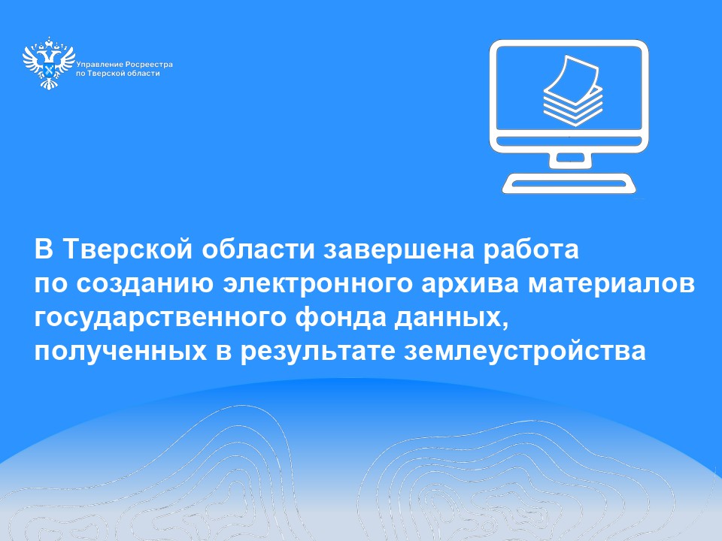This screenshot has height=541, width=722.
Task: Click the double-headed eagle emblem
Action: (x=49, y=63)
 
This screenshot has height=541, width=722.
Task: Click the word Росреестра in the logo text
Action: (x=149, y=65)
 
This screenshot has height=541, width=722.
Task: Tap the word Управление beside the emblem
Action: (x=99, y=65)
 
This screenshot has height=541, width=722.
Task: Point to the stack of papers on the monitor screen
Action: (x=573, y=91)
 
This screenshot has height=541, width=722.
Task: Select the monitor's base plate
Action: (x=569, y=183)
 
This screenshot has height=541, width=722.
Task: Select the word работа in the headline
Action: (x=530, y=249)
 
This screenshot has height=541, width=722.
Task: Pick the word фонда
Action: (x=341, y=318)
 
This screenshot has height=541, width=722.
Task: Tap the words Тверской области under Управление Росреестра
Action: (x=123, y=74)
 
